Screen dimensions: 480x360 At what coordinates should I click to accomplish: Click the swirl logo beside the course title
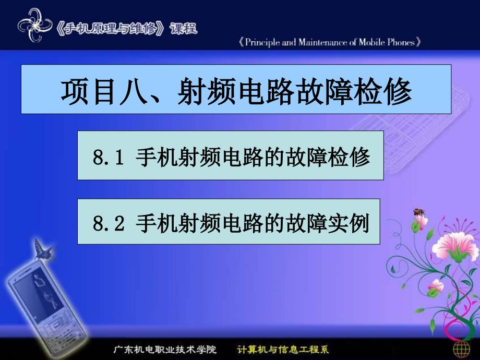(34, 25)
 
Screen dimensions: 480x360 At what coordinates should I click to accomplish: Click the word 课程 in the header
(184, 29)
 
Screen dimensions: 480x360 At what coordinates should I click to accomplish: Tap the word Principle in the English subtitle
(262, 42)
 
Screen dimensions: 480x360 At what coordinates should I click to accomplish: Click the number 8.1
(109, 157)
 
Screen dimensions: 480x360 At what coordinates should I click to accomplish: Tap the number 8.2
(109, 223)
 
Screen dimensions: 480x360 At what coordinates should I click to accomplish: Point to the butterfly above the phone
(43, 249)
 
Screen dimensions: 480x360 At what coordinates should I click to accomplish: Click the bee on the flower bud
(419, 212)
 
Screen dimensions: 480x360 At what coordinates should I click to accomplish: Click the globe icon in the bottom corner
(462, 349)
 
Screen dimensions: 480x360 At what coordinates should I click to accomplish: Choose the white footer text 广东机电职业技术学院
(165, 349)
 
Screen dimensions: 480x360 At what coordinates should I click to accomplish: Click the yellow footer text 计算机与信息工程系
(283, 349)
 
